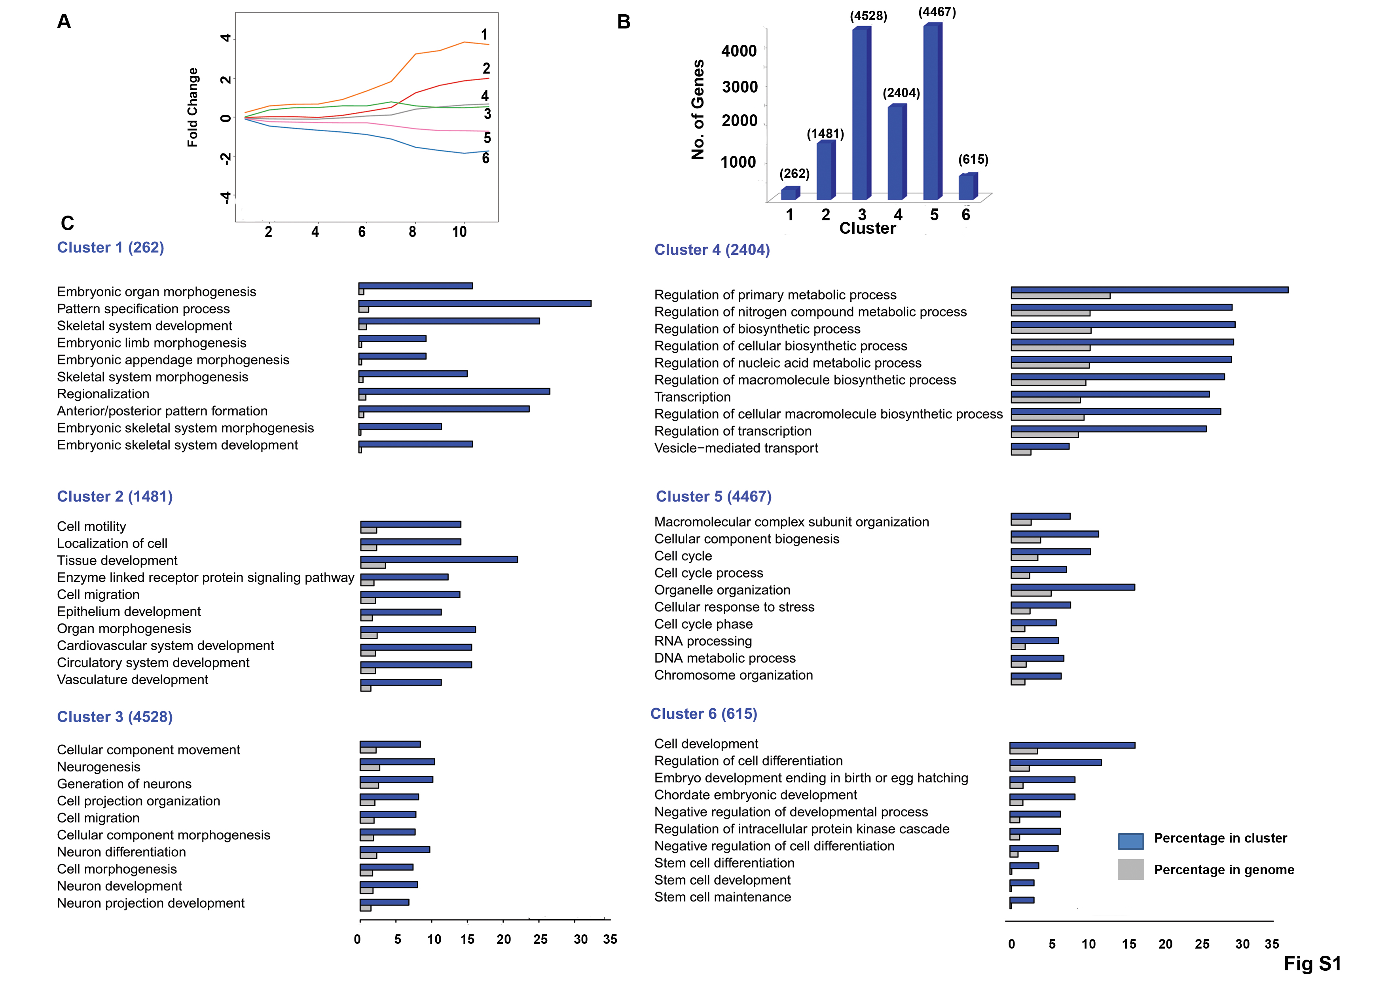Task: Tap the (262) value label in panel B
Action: (794, 174)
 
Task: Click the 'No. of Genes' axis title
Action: (698, 110)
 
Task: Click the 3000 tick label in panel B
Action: (740, 87)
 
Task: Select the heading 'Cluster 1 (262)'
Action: (111, 248)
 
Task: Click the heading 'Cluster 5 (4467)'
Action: (713, 497)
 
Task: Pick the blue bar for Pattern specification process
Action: (474, 303)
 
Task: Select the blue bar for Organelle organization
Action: (1072, 587)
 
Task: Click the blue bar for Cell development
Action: (1072, 745)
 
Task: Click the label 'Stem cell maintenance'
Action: (722, 898)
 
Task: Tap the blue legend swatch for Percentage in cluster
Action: (1130, 841)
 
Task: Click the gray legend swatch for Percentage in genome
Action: (1130, 870)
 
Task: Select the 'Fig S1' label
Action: (1312, 964)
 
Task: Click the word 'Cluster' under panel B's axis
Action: (867, 229)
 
